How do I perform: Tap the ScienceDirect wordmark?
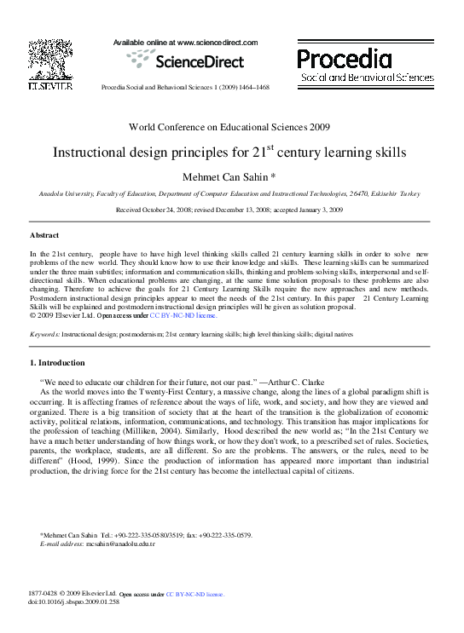[x=199, y=61]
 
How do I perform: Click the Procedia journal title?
[x=345, y=59]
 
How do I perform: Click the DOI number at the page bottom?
[x=77, y=601]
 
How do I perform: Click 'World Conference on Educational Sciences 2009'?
[x=229, y=127]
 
